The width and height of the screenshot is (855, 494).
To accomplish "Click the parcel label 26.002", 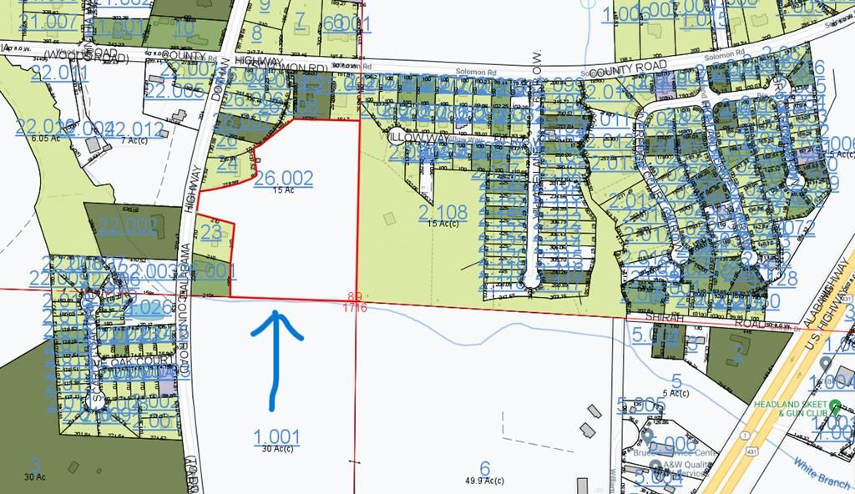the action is click(284, 178).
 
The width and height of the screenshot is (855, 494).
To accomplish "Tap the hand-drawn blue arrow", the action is click(275, 359).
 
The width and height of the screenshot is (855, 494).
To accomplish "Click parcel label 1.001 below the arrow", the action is click(276, 436).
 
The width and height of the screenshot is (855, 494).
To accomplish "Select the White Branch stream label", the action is click(822, 474).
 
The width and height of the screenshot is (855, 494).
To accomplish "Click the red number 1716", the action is click(356, 309).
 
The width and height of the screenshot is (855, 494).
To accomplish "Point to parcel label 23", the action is click(210, 231).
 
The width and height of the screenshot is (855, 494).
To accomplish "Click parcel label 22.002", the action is click(127, 225).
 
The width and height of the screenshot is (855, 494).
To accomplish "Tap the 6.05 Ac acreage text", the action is click(42, 139).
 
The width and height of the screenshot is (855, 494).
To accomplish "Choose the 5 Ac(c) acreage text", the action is click(675, 393).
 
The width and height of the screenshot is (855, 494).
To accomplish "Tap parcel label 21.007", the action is click(47, 21).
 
